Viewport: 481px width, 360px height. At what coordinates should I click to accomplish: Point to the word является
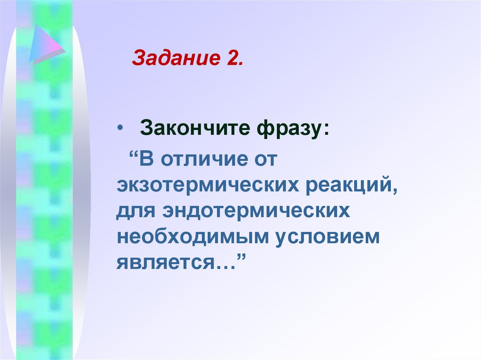click(161, 263)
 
